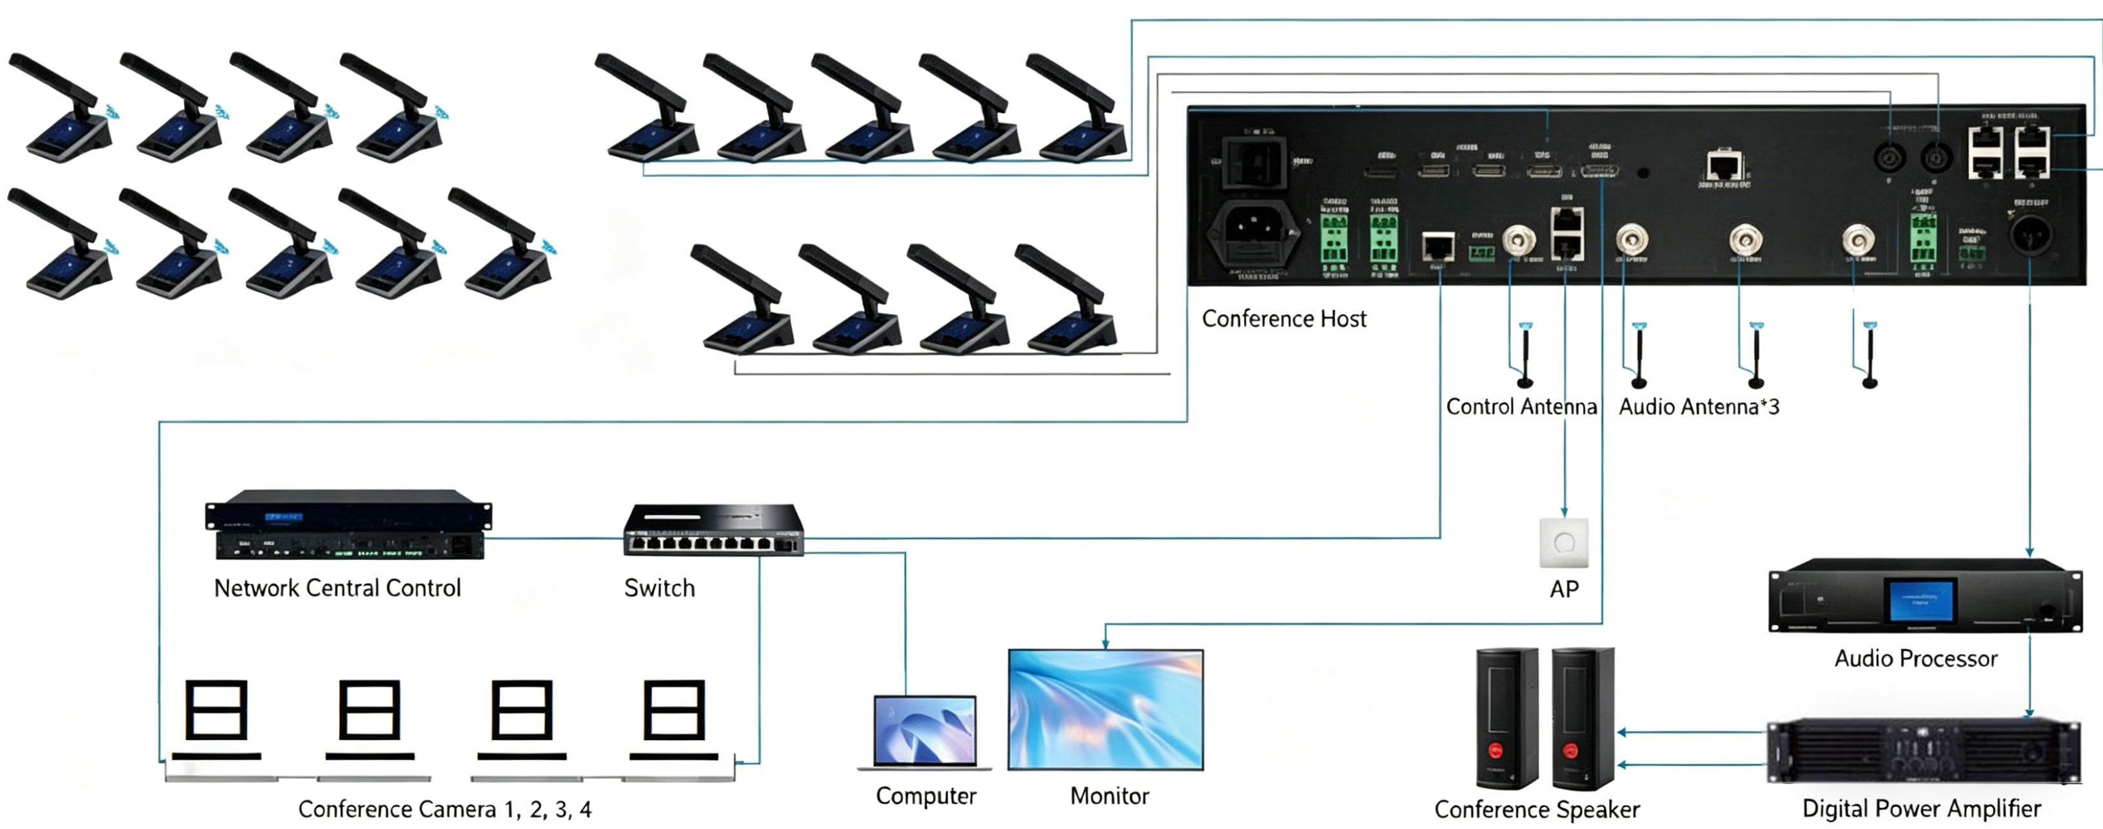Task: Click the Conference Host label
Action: point(1283,319)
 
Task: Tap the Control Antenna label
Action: point(1521,406)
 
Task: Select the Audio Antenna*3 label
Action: point(1699,406)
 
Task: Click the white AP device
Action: point(1563,543)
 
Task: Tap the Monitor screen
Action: point(1105,709)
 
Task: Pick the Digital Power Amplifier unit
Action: point(1922,750)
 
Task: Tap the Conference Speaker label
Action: point(1536,810)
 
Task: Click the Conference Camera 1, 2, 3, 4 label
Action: point(445,810)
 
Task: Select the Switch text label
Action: point(660,588)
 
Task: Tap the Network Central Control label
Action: point(337,588)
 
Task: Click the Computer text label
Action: point(926,795)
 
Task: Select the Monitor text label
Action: point(1109,795)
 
